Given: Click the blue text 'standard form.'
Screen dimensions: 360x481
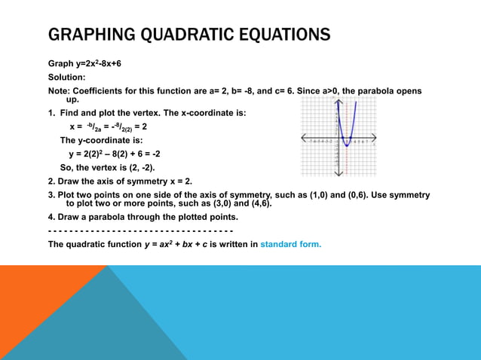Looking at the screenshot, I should pyautogui.click(x=291, y=244).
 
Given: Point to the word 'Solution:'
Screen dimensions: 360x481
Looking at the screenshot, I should pyautogui.click(x=67, y=78).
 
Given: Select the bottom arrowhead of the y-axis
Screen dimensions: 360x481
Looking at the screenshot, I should pyautogui.click(x=338, y=175).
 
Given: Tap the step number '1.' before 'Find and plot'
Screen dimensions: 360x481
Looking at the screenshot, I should pyautogui.click(x=51, y=113).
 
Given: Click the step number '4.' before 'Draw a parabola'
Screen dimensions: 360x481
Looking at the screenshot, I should pyautogui.click(x=51, y=217).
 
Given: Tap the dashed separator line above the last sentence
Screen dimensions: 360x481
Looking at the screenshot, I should pyautogui.click(x=140, y=230).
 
